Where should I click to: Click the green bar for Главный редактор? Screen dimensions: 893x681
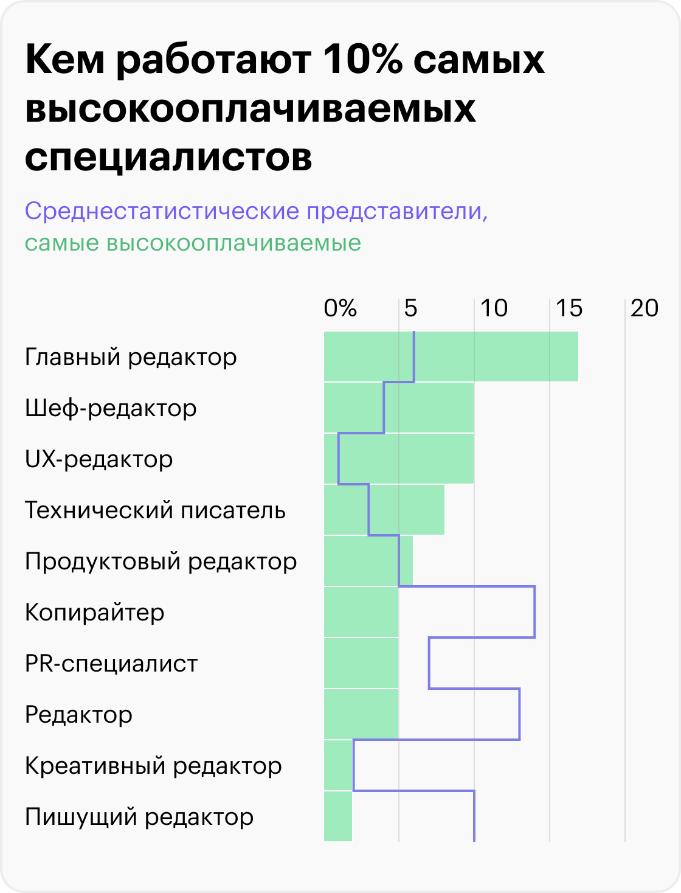click(451, 356)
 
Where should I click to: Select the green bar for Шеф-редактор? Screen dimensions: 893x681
click(399, 408)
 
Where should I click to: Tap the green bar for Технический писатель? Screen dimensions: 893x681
click(384, 510)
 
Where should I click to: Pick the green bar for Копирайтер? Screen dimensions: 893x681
click(361, 612)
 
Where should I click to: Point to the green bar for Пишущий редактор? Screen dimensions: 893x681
click(338, 816)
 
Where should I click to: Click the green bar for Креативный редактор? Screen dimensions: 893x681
click(338, 765)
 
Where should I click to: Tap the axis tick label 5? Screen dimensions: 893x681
click(411, 308)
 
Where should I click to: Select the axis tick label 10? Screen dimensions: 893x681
click(494, 308)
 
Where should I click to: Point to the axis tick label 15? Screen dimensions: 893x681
click(569, 308)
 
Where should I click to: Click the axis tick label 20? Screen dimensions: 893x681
click(645, 308)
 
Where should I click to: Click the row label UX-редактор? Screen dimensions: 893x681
click(99, 459)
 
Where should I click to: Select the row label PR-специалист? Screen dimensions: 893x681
click(111, 663)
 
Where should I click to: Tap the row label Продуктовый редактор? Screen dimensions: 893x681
click(161, 561)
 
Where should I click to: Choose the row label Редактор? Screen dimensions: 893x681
click(78, 714)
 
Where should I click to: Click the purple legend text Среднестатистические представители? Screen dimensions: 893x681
click(256, 211)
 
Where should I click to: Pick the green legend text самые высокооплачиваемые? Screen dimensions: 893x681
click(193, 243)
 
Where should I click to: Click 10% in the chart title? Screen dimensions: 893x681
click(363, 60)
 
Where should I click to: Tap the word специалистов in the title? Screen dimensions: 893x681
click(168, 156)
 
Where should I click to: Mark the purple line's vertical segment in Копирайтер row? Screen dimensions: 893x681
click(535, 612)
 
